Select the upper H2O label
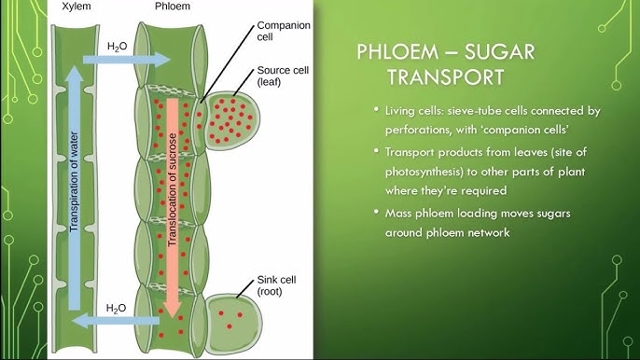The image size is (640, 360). pyautogui.click(x=118, y=44)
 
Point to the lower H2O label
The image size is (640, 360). pyautogui.click(x=117, y=307)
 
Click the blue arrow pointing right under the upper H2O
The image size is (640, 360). pyautogui.click(x=125, y=60)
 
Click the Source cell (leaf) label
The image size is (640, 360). pyautogui.click(x=276, y=77)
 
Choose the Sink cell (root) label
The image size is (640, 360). pyautogui.click(x=275, y=286)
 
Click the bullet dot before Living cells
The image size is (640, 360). pyautogui.click(x=376, y=111)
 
